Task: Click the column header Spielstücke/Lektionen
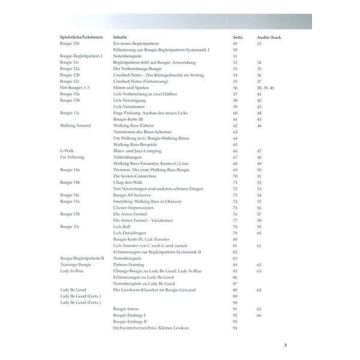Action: pos(80,37)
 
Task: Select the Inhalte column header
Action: pos(119,37)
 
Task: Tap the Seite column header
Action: pos(238,37)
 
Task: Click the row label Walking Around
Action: pos(75,125)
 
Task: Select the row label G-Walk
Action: pos(67,151)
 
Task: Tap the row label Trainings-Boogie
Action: pos(76,264)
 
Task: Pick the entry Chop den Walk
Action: pos(127,182)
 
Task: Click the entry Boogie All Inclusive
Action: pos(132,195)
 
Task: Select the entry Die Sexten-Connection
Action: pos(134,176)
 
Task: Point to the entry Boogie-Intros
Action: pos(125,308)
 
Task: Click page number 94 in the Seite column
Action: pos(236,327)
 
